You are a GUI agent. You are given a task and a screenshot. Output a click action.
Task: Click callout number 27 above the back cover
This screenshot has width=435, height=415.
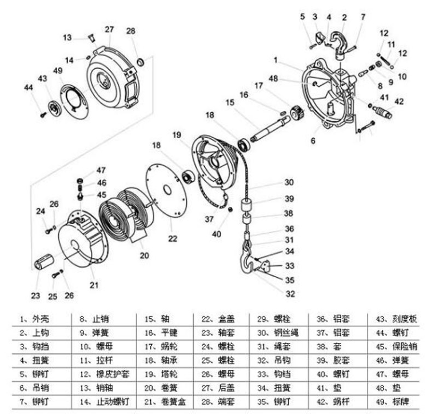(x=109, y=29)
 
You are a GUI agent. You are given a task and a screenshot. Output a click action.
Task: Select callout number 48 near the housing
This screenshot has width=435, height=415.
(x=273, y=78)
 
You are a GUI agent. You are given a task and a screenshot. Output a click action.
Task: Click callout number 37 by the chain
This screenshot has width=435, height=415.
(x=209, y=218)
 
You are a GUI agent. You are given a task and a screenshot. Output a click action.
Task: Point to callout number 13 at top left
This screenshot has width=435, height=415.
(x=67, y=38)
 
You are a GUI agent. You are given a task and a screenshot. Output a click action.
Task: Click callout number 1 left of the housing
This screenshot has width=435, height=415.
(x=276, y=59)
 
